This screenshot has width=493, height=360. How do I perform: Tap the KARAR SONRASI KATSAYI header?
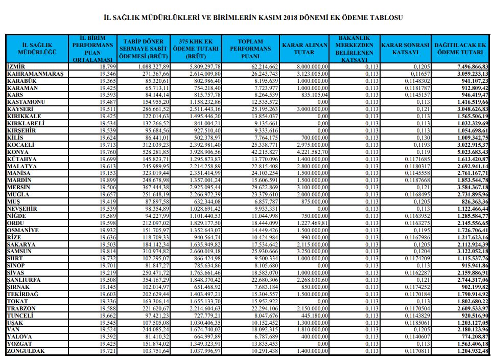405,49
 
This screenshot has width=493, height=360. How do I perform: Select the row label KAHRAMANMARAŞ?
34,74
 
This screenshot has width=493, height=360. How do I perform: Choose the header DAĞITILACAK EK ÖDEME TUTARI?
459,49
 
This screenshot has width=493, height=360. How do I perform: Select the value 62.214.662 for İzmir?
264,67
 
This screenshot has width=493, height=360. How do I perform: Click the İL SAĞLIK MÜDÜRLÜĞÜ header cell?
36,49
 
